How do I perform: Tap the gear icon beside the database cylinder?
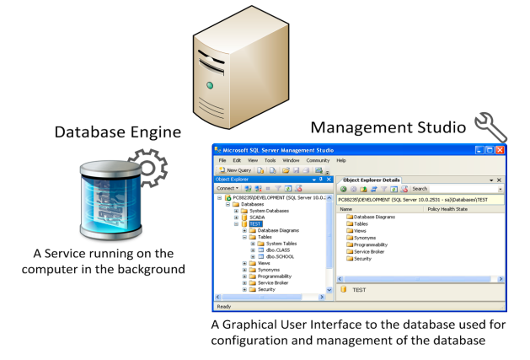click(x=148, y=168)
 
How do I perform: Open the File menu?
click(x=222, y=160)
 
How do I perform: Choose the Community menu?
click(x=318, y=160)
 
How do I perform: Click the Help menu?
click(x=341, y=160)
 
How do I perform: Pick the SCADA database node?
click(x=258, y=217)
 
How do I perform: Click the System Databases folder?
click(x=270, y=210)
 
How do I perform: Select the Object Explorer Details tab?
click(x=372, y=180)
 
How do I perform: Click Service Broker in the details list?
click(x=372, y=251)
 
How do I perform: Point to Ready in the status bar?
click(x=225, y=306)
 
